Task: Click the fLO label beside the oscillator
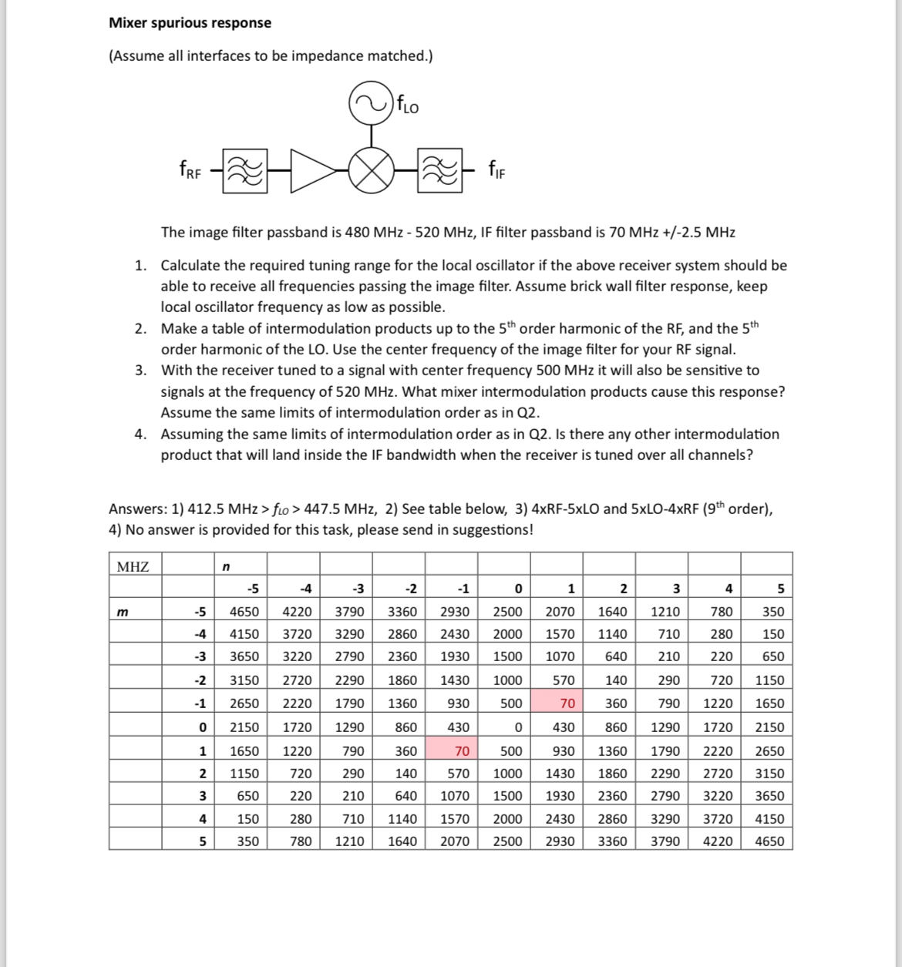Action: (408, 104)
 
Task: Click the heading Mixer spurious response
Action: (190, 22)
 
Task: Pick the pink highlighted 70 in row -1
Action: (567, 703)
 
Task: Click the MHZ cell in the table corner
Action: (133, 567)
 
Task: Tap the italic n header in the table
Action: (225, 567)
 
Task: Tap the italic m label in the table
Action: (121, 611)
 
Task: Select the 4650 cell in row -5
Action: (244, 611)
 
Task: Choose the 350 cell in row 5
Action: (247, 841)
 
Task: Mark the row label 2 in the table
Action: (202, 773)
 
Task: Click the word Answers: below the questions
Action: (137, 509)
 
